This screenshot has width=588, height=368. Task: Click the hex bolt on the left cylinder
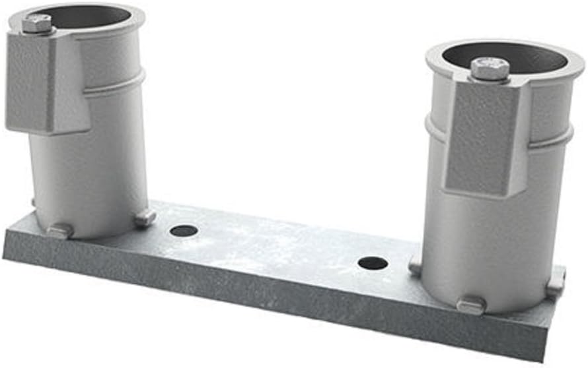37,24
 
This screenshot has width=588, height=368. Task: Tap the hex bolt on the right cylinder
489,68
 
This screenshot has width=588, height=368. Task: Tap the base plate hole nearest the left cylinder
184,231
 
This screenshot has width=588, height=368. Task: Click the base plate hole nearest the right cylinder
373,263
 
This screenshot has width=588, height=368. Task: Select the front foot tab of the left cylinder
59,231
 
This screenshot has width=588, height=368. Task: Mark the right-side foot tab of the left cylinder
145,217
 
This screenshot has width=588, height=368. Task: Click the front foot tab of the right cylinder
471,305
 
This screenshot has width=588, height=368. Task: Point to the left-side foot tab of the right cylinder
415,266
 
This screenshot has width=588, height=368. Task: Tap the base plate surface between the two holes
277,247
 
